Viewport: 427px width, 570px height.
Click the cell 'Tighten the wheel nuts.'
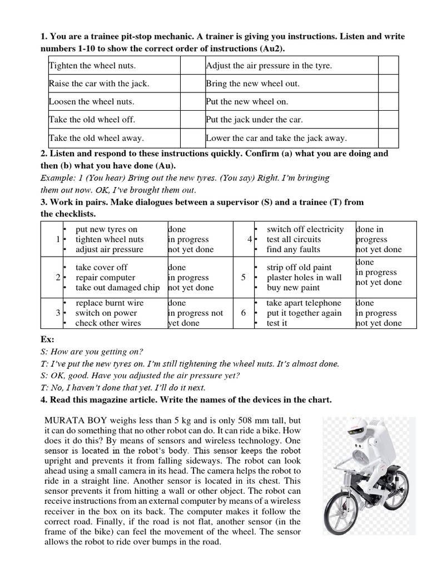[x=92, y=66]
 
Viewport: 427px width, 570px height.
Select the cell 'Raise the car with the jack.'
[x=99, y=83]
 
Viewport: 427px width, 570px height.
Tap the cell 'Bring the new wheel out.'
[x=252, y=83]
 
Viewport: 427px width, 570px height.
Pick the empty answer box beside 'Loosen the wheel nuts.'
[x=192, y=102]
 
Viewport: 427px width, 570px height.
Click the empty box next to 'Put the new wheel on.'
[x=388, y=102]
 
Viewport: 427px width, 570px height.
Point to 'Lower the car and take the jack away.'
[x=276, y=138]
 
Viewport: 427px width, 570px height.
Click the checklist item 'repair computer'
[x=105, y=277]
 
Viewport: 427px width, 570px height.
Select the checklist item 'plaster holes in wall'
[x=304, y=277]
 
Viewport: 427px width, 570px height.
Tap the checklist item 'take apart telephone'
[x=304, y=303]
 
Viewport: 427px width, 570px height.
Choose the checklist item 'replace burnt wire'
[x=109, y=303]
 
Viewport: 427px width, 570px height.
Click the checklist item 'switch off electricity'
[x=305, y=229]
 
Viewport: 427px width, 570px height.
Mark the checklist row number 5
[x=244, y=277]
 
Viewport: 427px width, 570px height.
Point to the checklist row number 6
[x=244, y=313]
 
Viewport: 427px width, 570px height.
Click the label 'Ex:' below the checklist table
[x=47, y=339]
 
